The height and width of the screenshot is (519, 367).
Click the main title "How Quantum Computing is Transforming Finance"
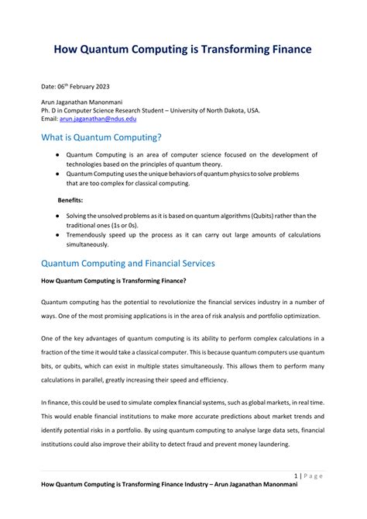[x=183, y=50]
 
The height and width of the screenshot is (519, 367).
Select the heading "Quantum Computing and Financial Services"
[x=127, y=263]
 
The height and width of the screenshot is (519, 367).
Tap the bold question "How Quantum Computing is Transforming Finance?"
[x=113, y=281]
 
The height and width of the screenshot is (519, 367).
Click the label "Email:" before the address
[x=50, y=118]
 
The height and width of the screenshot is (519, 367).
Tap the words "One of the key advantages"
[x=84, y=338]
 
